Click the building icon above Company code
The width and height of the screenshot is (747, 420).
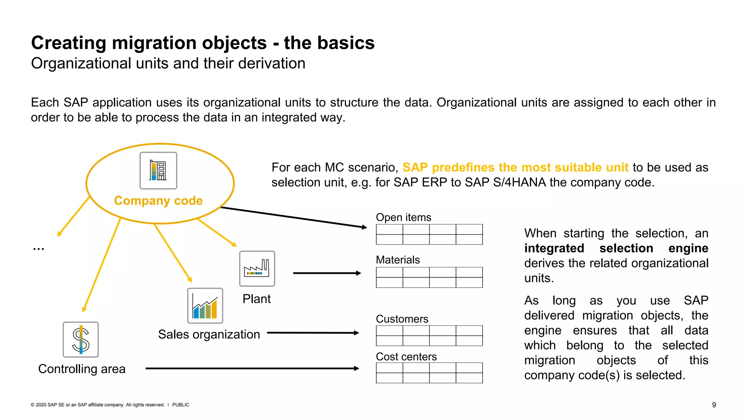click(158, 171)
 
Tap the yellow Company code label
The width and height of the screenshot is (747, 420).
click(158, 201)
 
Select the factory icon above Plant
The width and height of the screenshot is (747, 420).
click(257, 269)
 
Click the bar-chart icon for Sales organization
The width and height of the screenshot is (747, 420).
click(205, 306)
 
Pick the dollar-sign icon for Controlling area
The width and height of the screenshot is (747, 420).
click(81, 339)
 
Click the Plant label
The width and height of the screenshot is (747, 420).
click(256, 299)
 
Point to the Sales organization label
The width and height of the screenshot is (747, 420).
click(209, 334)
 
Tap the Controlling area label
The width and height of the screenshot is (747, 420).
click(82, 369)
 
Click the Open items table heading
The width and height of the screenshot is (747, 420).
click(403, 217)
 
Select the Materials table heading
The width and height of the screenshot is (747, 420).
click(398, 260)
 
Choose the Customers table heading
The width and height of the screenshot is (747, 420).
click(402, 319)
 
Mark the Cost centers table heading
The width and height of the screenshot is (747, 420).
click(406, 357)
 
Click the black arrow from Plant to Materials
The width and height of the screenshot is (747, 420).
click(326, 273)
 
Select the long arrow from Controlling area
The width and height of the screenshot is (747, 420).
click(252, 369)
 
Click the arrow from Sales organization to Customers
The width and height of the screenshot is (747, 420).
click(313, 333)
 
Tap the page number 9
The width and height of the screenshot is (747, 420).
click(714, 405)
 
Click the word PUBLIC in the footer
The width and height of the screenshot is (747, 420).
click(181, 405)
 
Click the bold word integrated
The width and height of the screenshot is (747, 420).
click(554, 248)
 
